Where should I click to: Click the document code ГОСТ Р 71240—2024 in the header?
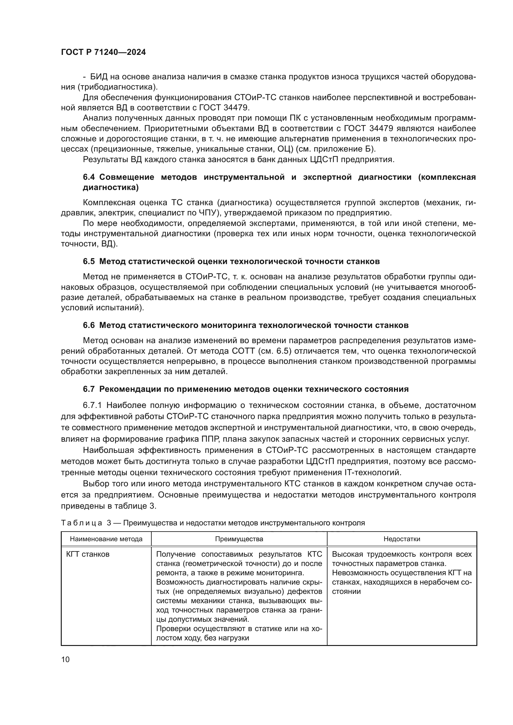(103, 52)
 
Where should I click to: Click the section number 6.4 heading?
(89, 177)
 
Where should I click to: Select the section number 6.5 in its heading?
(89, 262)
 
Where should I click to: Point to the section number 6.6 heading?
(89, 325)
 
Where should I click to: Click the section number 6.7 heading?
(89, 389)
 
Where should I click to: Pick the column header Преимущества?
(239, 539)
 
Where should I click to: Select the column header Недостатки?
(401, 539)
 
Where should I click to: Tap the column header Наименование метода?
(106, 539)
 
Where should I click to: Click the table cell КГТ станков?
(87, 554)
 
